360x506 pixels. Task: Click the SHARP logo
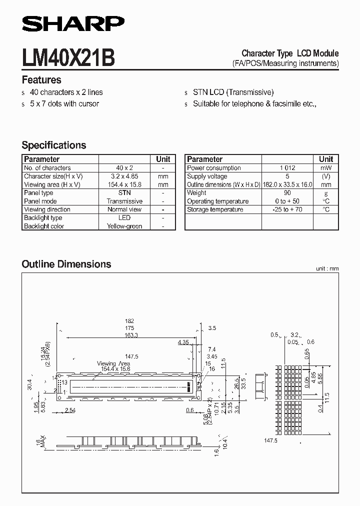[73, 23]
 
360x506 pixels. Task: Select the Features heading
[41, 80]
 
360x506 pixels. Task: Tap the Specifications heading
[54, 145]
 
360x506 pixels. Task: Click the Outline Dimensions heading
[66, 264]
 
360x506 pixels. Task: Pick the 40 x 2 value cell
[124, 168]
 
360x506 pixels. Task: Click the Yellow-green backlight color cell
[124, 226]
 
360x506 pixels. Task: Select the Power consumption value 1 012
[288, 168]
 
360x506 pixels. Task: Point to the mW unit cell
[326, 168]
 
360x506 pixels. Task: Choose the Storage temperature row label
[215, 209]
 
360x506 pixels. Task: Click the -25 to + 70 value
[288, 209]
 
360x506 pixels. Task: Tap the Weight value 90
[288, 192]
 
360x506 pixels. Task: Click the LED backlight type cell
[124, 217]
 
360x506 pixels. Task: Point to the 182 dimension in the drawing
[129, 321]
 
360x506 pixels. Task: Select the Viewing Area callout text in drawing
[114, 363]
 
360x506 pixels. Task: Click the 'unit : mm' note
[327, 268]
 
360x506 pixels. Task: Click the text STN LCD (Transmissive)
[233, 92]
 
